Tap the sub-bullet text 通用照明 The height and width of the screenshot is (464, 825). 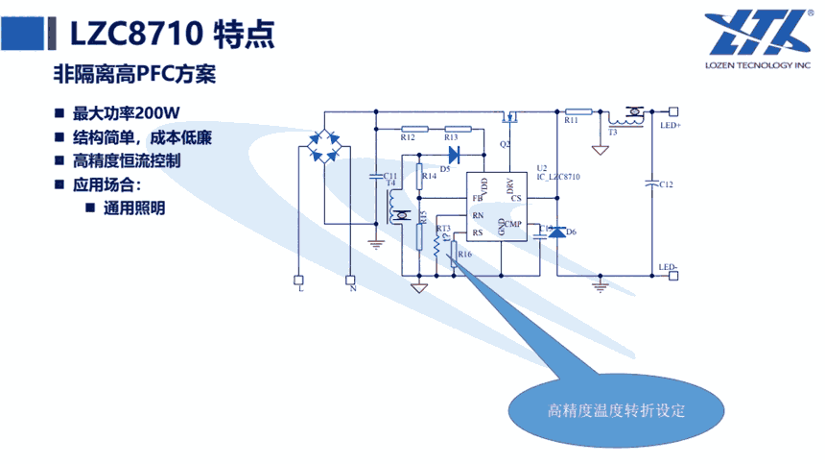[134, 207]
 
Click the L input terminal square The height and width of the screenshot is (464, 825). [297, 280]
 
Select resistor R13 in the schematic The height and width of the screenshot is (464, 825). [458, 128]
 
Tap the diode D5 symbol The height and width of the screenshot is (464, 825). [455, 153]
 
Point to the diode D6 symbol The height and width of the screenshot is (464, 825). [556, 232]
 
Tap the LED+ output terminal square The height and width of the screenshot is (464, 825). [673, 110]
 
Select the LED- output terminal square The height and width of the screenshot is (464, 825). [673, 276]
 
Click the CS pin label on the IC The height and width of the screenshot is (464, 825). [516, 199]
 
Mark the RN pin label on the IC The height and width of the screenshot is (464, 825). [477, 215]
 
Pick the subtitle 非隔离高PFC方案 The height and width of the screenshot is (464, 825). [133, 73]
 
